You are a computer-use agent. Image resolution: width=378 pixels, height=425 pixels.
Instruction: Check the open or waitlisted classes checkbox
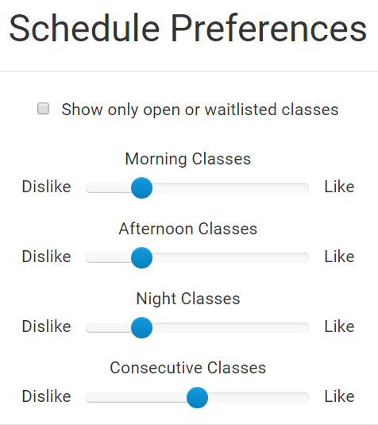click(43, 109)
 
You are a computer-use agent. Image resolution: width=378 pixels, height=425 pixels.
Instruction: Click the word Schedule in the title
click(84, 29)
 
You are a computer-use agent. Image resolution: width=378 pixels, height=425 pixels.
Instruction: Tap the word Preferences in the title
click(268, 29)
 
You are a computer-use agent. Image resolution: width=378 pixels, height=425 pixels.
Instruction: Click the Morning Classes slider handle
click(141, 187)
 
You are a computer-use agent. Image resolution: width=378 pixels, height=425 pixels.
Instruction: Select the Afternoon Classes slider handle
click(141, 257)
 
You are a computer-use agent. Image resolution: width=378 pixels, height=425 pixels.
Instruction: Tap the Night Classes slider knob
click(141, 328)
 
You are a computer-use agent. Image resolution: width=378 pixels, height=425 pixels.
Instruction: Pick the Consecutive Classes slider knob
click(197, 397)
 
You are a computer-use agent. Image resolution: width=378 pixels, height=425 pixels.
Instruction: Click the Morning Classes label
click(188, 159)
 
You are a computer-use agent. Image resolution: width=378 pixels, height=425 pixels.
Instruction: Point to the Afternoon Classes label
click(188, 229)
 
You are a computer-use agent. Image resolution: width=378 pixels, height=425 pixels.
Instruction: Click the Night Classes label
click(188, 299)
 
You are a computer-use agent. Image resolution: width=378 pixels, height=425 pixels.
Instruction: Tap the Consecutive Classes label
click(188, 368)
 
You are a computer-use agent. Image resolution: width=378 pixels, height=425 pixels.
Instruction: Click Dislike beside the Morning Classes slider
click(46, 187)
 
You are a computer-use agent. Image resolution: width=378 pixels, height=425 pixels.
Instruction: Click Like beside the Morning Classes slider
click(339, 187)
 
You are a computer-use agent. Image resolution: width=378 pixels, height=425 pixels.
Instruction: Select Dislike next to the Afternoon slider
click(46, 257)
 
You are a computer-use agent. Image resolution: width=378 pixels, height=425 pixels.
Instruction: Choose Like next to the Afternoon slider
click(339, 257)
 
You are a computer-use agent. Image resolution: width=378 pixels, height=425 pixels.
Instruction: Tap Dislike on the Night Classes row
click(46, 326)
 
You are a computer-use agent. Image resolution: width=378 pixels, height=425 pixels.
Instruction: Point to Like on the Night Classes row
click(339, 326)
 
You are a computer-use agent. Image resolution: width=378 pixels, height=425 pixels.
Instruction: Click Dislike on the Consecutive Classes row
click(46, 396)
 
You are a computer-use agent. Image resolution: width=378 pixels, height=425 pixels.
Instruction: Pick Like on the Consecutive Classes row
click(339, 396)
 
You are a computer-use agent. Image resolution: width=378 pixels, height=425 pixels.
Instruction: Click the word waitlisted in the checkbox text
click(241, 110)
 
